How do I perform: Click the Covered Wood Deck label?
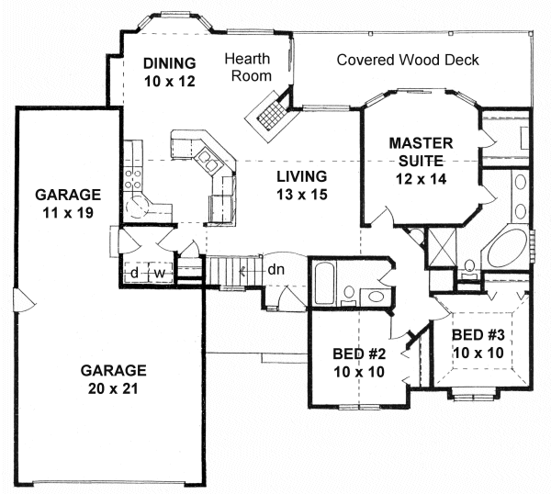coord(408,60)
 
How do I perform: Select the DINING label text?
coord(170,63)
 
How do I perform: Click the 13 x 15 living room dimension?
coord(302,194)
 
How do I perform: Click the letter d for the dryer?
coord(134,273)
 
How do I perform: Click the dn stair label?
coord(275,270)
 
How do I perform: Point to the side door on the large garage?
coord(23,301)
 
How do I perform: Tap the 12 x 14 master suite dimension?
coord(422,179)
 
